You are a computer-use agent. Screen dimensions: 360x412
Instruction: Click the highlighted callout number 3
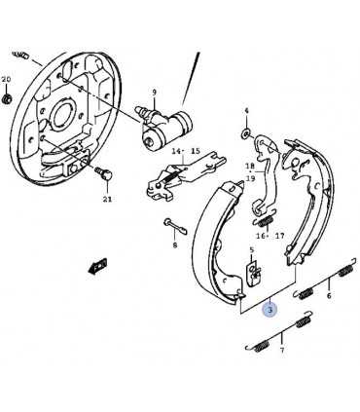click(270, 309)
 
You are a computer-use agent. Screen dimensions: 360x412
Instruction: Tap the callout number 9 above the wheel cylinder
click(155, 93)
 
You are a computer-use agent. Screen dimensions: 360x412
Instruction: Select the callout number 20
click(6, 79)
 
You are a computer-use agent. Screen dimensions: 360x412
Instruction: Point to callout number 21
click(107, 200)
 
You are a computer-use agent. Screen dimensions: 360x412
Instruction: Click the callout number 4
click(246, 111)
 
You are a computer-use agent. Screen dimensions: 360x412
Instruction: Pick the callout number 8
click(175, 245)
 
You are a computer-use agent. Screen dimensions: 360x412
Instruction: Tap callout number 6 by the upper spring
click(329, 296)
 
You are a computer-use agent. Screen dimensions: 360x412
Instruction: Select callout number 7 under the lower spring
click(282, 351)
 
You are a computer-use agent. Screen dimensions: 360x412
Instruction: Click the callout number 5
click(251, 250)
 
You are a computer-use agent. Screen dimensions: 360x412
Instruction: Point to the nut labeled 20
click(6, 98)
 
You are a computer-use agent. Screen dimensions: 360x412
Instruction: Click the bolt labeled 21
click(104, 173)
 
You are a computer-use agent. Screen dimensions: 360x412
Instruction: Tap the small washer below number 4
click(246, 132)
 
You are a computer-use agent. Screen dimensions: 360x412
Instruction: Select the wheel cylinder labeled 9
click(164, 127)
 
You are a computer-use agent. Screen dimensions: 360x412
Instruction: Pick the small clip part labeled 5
click(253, 272)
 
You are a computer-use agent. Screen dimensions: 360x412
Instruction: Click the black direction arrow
click(97, 266)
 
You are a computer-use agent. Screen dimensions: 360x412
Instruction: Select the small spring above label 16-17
click(264, 222)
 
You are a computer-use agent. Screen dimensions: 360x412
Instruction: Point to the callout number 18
click(250, 167)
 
